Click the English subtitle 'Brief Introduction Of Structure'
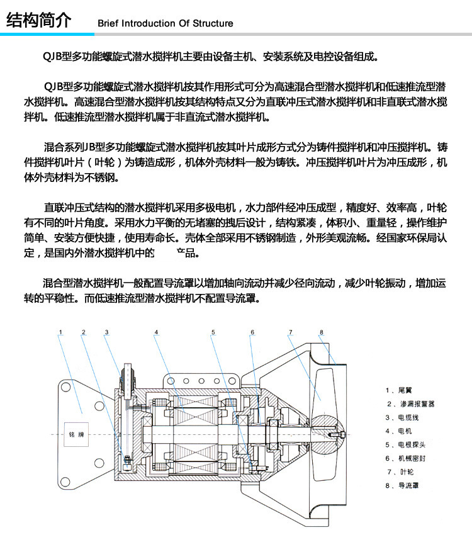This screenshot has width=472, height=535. pyautogui.click(x=165, y=23)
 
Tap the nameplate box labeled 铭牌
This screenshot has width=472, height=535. pyautogui.click(x=76, y=434)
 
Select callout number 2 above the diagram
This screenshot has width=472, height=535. pyautogui.click(x=84, y=332)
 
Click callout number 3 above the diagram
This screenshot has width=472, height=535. pyautogui.click(x=106, y=332)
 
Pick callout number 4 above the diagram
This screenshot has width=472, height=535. pyautogui.click(x=156, y=332)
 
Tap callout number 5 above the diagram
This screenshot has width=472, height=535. pyautogui.click(x=213, y=332)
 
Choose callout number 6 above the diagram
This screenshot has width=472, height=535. pyautogui.click(x=252, y=332)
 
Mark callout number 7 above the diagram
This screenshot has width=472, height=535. pyautogui.click(x=290, y=332)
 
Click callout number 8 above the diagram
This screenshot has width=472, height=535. pyautogui.click(x=320, y=332)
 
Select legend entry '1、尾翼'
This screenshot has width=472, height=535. pyautogui.click(x=400, y=390)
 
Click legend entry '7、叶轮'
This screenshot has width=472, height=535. pyautogui.click(x=400, y=471)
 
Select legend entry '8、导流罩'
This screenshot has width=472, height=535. pyautogui.click(x=403, y=485)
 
